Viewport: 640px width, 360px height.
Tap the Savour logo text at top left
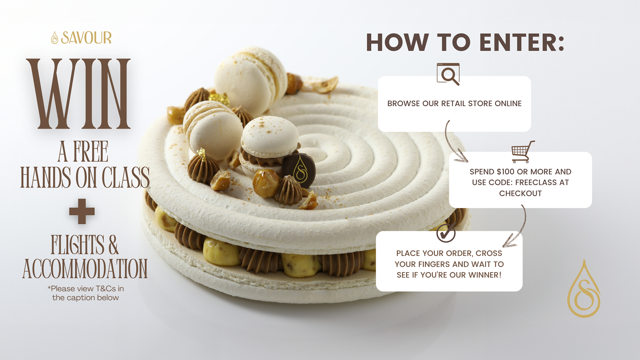click(x=86, y=38)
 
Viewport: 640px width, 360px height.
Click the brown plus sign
click(x=82, y=211)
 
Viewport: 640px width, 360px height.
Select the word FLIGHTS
click(x=77, y=245)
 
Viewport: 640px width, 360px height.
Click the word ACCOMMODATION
click(x=85, y=269)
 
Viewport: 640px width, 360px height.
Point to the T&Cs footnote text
click(x=85, y=293)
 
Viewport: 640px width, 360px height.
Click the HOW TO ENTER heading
click(x=465, y=43)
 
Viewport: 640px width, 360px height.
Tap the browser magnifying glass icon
click(x=448, y=74)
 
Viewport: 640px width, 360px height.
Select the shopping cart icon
click(x=522, y=152)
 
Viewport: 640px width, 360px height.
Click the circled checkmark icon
click(x=446, y=233)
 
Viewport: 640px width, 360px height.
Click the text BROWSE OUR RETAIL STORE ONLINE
click(x=454, y=104)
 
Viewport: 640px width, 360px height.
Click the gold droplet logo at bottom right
click(x=584, y=290)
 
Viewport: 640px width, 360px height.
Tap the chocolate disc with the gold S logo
click(x=299, y=170)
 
